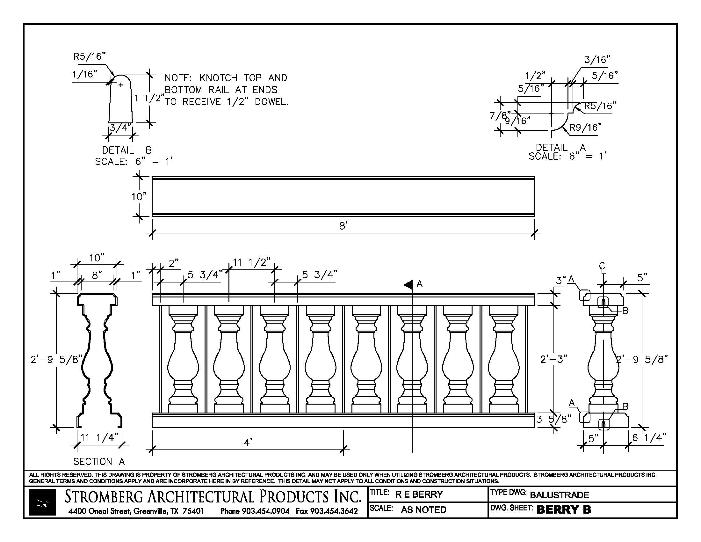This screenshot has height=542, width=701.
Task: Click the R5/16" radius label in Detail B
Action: pos(90,56)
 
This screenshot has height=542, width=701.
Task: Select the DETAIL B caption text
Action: pos(127,150)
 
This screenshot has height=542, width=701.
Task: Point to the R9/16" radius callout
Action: pos(585,128)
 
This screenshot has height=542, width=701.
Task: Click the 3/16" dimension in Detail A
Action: pos(597,60)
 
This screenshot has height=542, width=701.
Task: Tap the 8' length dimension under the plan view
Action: pos(343,226)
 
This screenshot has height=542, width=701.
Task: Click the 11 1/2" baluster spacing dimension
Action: pos(252,263)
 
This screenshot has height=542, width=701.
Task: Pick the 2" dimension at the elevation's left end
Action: pos(173,263)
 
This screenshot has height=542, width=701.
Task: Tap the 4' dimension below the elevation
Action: pos(248,443)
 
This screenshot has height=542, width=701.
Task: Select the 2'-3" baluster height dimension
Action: pos(554,359)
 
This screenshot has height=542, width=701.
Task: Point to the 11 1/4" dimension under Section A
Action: pos(99,438)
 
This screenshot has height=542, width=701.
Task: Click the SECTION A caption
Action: pos(99,462)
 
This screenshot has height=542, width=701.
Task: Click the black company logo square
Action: pos(42,502)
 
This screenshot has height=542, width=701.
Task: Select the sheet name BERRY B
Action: pos(564,509)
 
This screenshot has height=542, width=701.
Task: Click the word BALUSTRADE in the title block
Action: pos(559,495)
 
